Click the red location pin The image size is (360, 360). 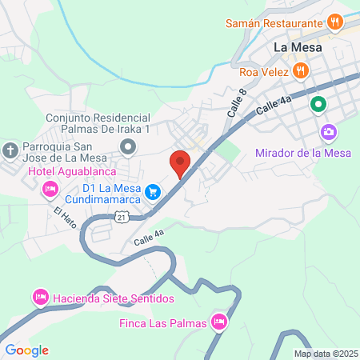point(180,164)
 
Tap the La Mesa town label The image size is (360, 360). point(298,47)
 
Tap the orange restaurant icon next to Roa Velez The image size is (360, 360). point(300,70)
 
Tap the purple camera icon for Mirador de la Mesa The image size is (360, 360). point(327,132)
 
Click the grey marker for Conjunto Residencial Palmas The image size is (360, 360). point(127,146)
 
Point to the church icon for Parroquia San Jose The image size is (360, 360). point(10,150)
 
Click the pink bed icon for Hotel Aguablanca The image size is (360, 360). point(48,189)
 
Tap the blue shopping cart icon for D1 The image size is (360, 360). point(154,192)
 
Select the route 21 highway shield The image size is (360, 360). point(121,217)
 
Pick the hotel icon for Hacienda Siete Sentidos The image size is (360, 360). point(40,298)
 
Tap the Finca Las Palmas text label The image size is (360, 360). point(163,323)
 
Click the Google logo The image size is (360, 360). point(26,350)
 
